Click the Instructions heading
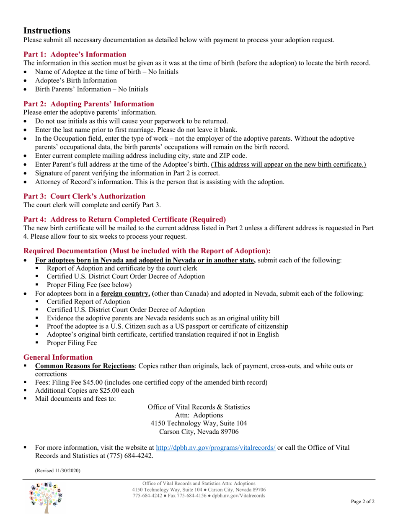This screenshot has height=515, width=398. point(47,31)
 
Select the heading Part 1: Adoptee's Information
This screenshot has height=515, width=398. point(75,54)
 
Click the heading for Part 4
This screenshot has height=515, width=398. point(124,219)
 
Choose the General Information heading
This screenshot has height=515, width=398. point(58,357)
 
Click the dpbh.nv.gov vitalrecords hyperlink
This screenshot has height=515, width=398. point(215,447)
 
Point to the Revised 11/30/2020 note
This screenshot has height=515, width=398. point(57,471)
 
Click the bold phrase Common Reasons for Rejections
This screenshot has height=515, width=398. point(85,366)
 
